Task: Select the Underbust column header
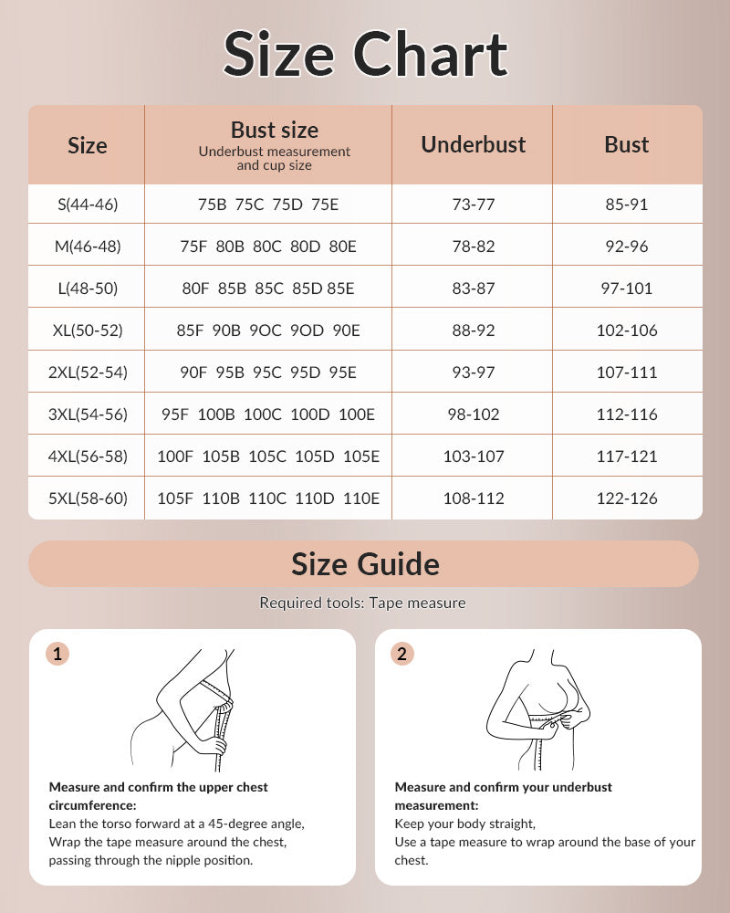(473, 144)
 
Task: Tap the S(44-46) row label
(88, 205)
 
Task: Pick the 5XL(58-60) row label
(88, 498)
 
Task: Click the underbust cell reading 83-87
(473, 289)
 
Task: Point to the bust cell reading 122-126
(627, 498)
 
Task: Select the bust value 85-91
(627, 205)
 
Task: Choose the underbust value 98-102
(473, 415)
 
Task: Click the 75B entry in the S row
(212, 205)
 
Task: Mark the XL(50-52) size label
(88, 331)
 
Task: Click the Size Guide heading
(365, 564)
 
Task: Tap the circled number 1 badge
(57, 654)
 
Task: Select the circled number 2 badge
(402, 654)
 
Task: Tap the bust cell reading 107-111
(627, 373)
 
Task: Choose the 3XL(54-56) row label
(88, 415)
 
